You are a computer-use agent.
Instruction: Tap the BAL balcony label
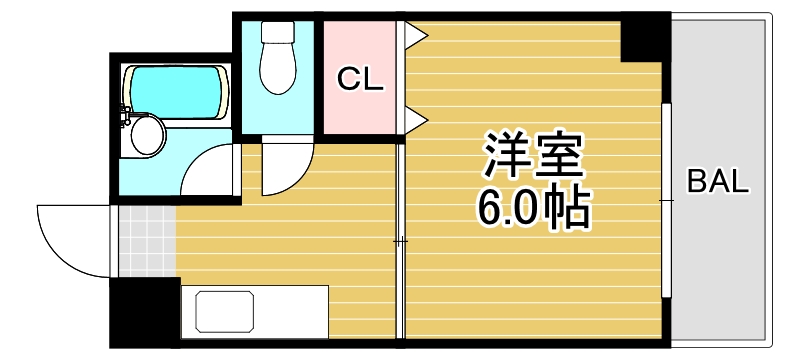(x=718, y=182)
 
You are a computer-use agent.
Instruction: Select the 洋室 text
(x=531, y=156)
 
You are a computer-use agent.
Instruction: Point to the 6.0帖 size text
(x=531, y=207)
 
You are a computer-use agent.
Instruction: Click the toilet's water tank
(x=277, y=31)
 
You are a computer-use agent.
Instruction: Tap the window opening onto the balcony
(x=664, y=200)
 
